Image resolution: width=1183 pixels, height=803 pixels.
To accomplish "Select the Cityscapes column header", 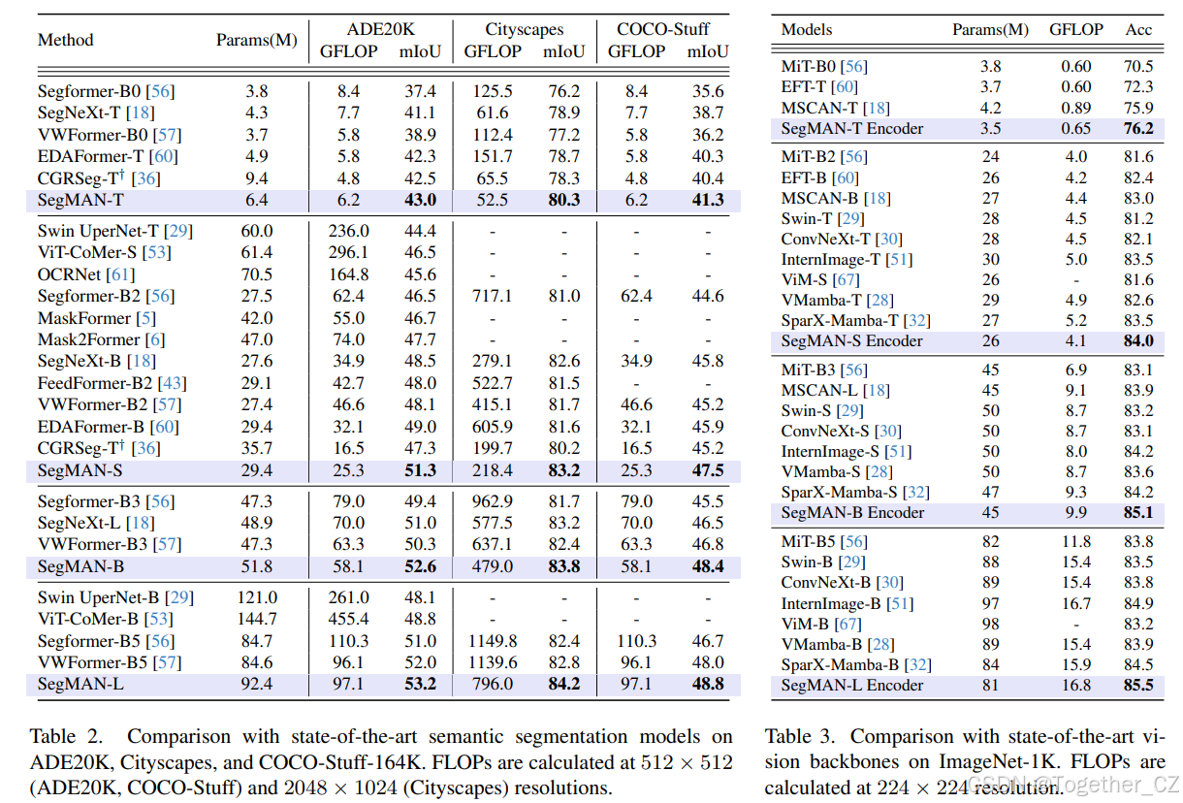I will (x=524, y=29).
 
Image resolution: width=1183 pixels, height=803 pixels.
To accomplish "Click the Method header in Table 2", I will (x=65, y=40).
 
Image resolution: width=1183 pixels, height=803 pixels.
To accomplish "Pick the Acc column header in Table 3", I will (x=1138, y=29).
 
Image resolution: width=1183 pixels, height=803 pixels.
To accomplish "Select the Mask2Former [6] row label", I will (x=101, y=339).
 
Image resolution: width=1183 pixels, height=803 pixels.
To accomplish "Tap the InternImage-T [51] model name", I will (x=847, y=259).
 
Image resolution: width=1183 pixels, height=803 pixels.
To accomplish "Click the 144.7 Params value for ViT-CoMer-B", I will (x=257, y=619).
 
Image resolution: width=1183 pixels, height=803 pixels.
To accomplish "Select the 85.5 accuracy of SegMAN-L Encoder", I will (x=1137, y=685).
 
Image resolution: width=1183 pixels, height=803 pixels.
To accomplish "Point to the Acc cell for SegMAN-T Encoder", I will (x=1137, y=128).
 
